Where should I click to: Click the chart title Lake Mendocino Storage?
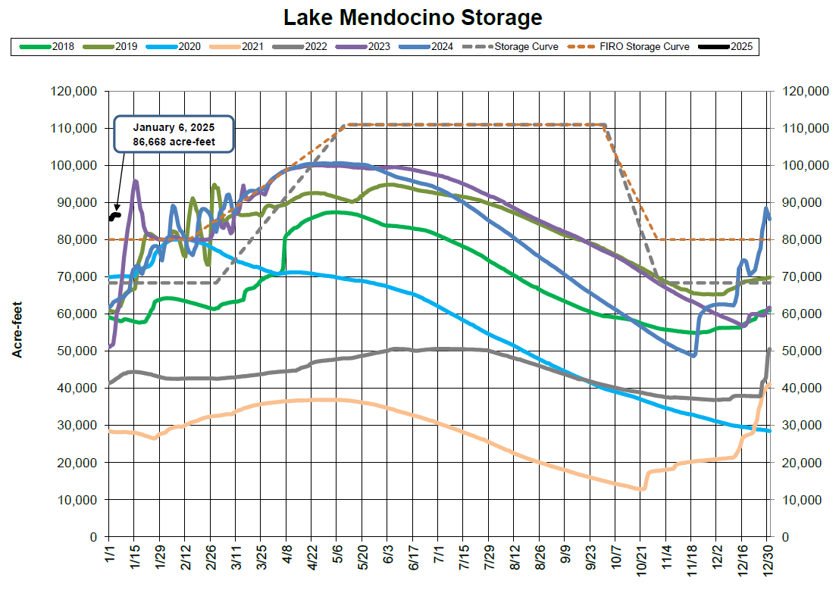point(413,17)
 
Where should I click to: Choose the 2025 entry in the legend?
point(741,47)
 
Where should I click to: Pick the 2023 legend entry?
point(377,47)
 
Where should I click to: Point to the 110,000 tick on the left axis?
point(74,129)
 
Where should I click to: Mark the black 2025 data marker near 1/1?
point(115,216)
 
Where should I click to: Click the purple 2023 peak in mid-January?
point(136,181)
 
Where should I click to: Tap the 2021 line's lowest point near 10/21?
point(642,489)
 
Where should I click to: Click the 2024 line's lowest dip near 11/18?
point(693,355)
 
